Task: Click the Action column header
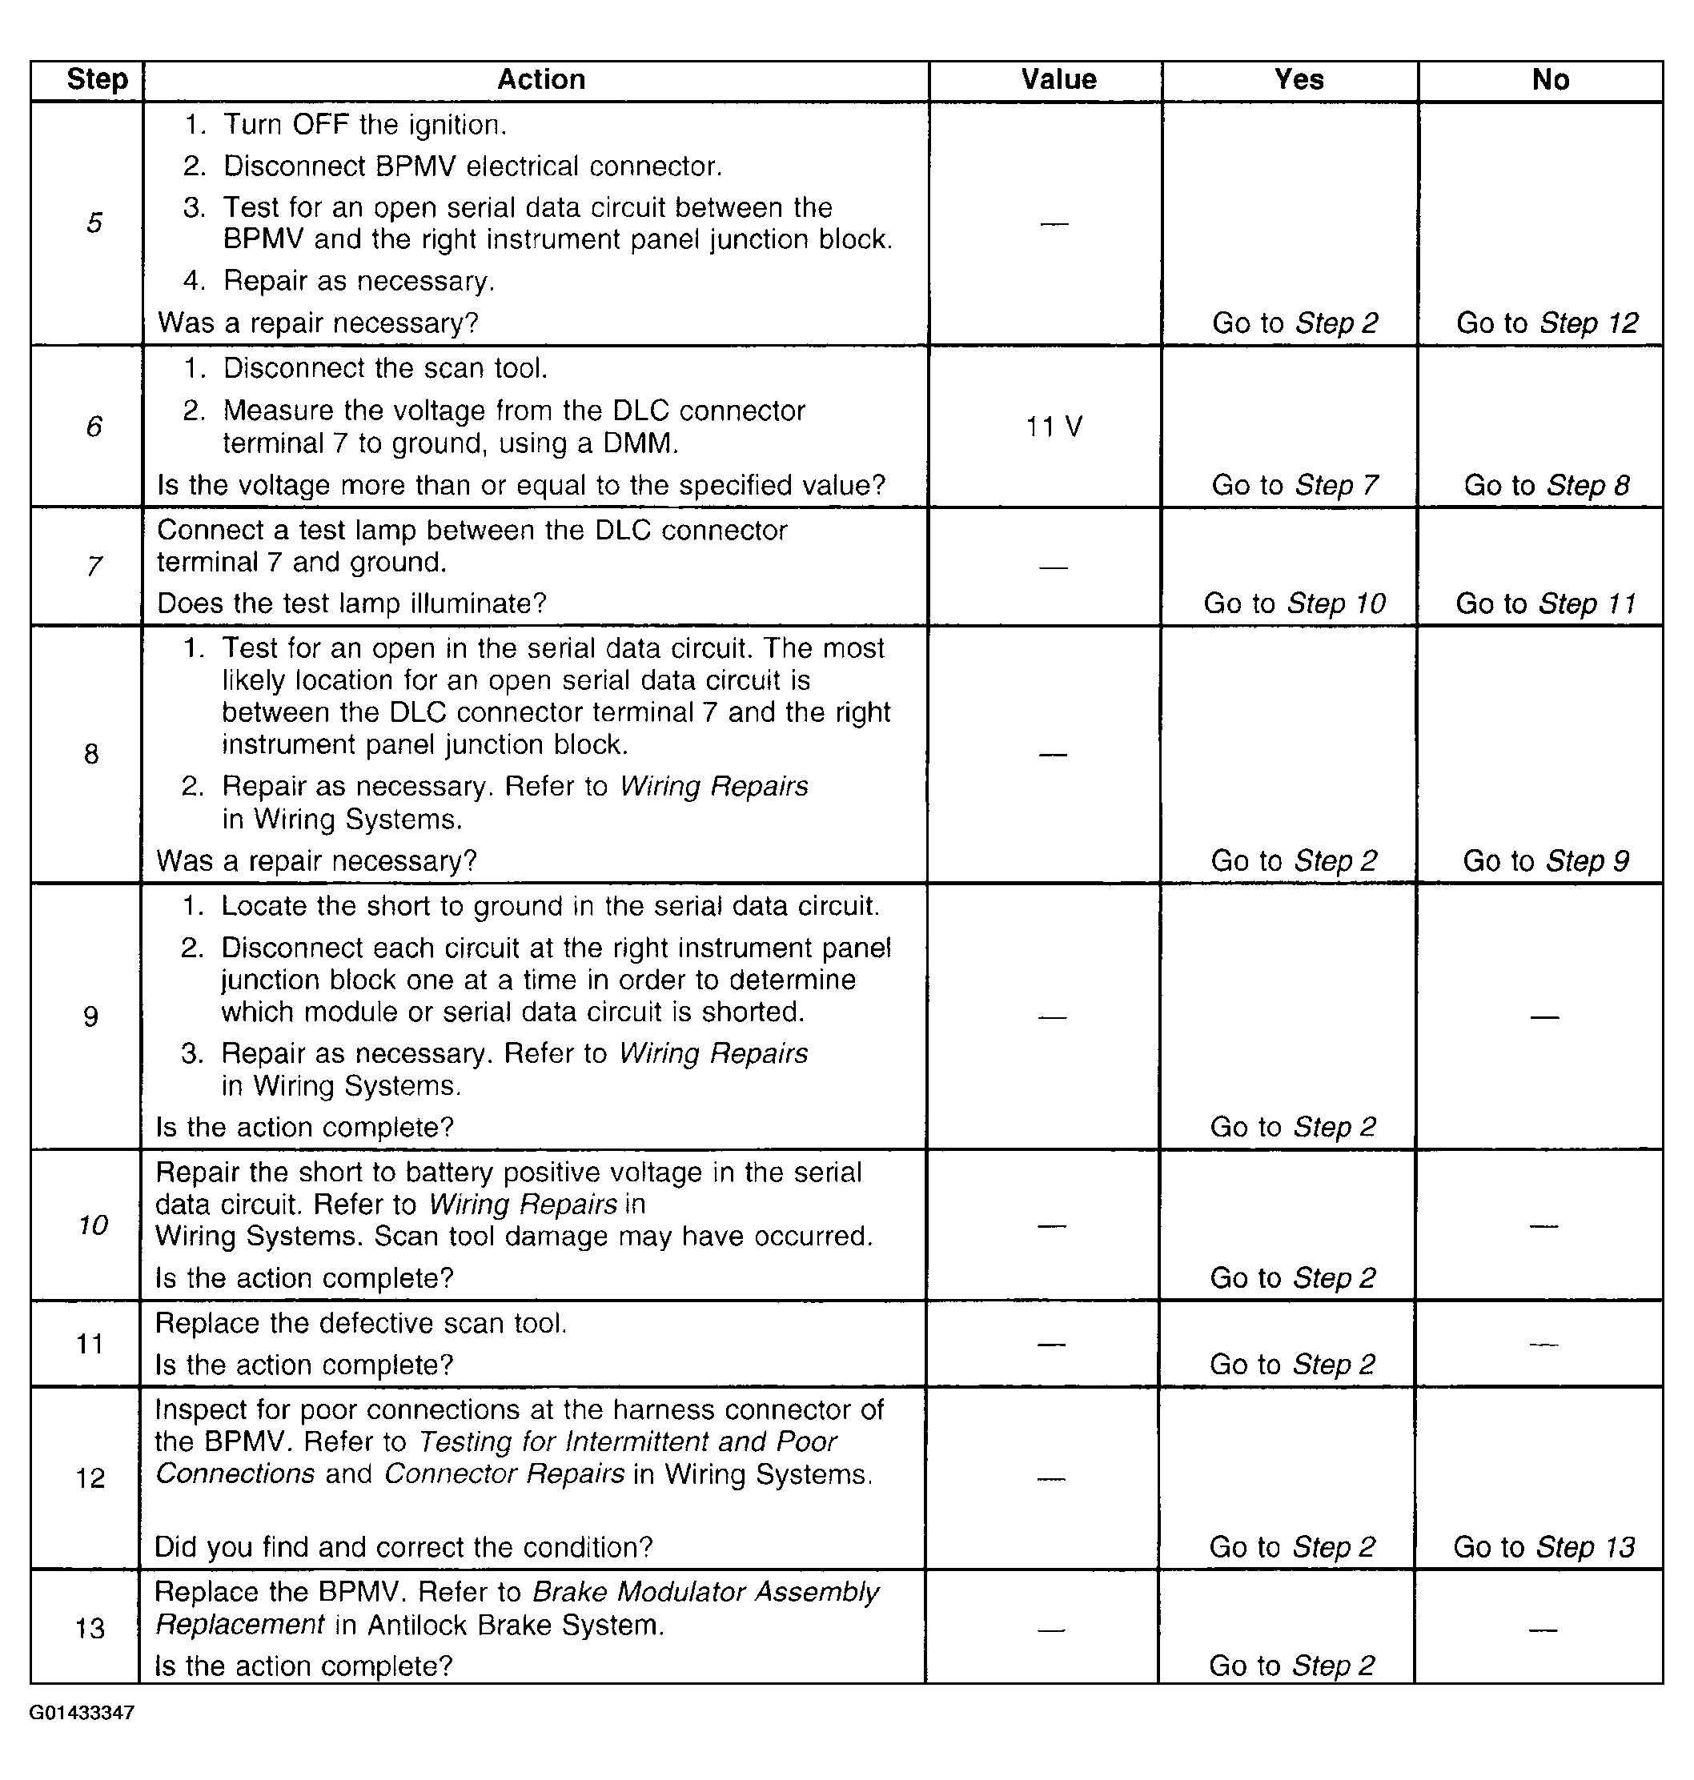point(541,79)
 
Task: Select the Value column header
point(1058,79)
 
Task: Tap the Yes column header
point(1299,79)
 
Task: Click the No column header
point(1551,79)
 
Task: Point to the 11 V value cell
point(1054,426)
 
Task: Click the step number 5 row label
point(94,222)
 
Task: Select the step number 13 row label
point(90,1629)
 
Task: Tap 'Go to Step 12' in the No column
point(1547,323)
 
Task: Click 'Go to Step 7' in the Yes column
point(1294,485)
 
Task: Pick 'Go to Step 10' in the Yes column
point(1294,603)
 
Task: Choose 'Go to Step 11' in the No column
point(1546,603)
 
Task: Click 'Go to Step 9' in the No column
point(1546,860)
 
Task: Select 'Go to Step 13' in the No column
point(1544,1547)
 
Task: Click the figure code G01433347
point(82,1712)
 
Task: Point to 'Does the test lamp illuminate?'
point(352,603)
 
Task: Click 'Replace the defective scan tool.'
point(361,1323)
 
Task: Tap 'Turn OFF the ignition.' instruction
point(365,125)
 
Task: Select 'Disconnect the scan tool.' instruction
point(386,368)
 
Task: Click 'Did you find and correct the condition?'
point(403,1547)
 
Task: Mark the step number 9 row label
point(90,1016)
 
